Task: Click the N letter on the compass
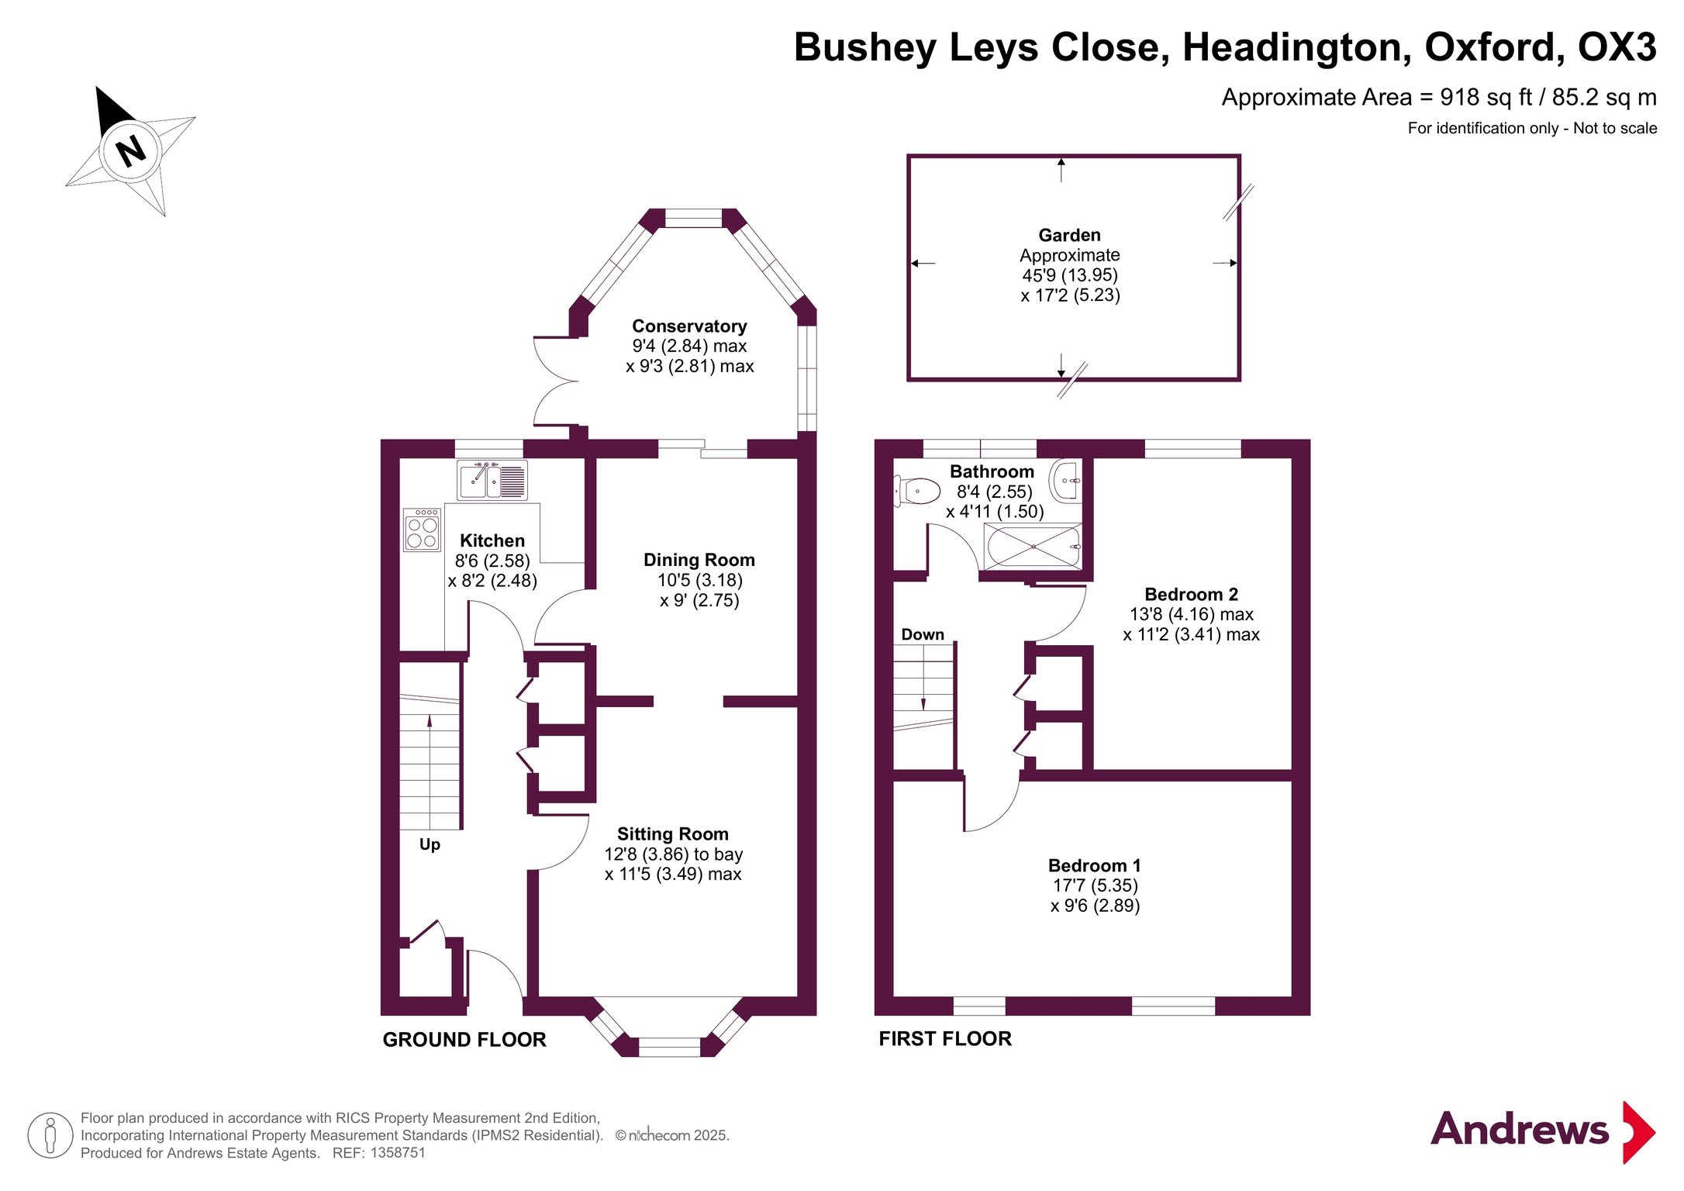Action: tap(130, 150)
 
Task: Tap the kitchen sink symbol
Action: tap(492, 481)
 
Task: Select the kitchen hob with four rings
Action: tap(423, 530)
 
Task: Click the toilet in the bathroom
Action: tap(918, 491)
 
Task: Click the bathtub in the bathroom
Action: tap(1033, 547)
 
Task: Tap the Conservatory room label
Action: tap(689, 326)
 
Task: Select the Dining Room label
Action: tap(699, 560)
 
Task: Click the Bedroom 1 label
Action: tap(1094, 865)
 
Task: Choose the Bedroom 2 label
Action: tap(1191, 595)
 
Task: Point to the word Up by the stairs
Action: tap(430, 844)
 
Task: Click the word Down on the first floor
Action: tap(923, 634)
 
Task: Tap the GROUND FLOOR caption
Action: tap(464, 1040)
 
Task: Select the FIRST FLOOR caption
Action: tap(945, 1039)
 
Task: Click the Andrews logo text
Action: tap(1520, 1130)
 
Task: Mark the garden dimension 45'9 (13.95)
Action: tap(1070, 275)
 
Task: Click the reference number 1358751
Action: tap(398, 1153)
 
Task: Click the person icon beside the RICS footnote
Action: tap(50, 1135)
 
